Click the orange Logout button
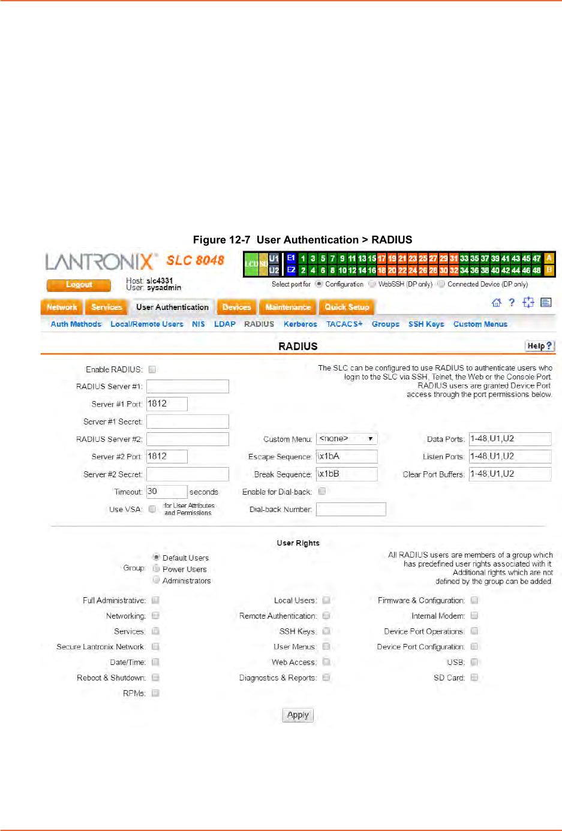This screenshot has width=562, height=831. pos(79,285)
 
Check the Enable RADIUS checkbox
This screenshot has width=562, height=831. pos(152,369)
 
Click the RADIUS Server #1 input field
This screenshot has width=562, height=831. pos(187,386)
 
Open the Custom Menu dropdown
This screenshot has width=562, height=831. pos(347,439)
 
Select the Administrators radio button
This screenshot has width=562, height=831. pos(156,580)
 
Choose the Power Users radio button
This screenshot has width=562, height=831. pos(156,568)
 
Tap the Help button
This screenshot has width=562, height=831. pos(540,346)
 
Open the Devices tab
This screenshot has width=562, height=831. pos(236,307)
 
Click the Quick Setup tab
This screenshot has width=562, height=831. pos(347,307)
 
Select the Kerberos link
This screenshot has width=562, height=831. pos(300,324)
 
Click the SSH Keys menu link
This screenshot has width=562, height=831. pos(426,324)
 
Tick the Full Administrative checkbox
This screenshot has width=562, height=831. pos(155,600)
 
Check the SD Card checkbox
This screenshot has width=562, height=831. pos(474,678)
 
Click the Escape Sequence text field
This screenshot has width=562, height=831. pos(347,456)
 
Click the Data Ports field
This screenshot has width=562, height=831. pos(510,439)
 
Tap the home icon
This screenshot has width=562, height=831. pos(496,302)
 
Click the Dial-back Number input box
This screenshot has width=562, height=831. pos(351,510)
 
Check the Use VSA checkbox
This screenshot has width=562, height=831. pos(152,509)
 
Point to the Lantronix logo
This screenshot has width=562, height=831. pos(100,261)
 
